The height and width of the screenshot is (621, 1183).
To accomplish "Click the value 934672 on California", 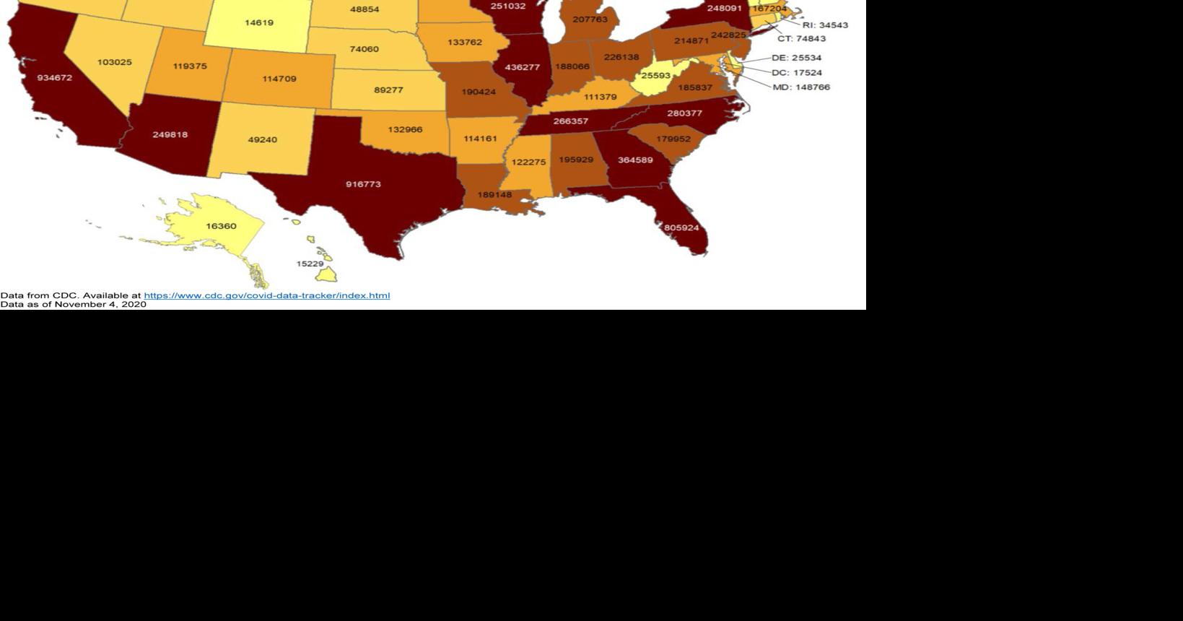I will pyautogui.click(x=55, y=78).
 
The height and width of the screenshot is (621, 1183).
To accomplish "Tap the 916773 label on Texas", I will pyautogui.click(x=363, y=185).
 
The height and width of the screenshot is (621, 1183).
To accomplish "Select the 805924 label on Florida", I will pyautogui.click(x=681, y=228).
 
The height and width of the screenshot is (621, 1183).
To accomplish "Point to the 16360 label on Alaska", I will pyautogui.click(x=221, y=227).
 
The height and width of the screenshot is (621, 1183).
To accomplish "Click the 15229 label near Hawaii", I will pyautogui.click(x=310, y=264).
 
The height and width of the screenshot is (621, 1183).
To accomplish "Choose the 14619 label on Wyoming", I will pyautogui.click(x=259, y=23).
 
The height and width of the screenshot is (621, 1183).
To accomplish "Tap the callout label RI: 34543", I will pyautogui.click(x=825, y=25).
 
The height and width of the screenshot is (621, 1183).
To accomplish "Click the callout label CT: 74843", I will pyautogui.click(x=801, y=39).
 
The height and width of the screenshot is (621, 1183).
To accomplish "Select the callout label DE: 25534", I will pyautogui.click(x=796, y=58).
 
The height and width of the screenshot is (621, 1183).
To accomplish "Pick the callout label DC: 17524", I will pyautogui.click(x=796, y=73).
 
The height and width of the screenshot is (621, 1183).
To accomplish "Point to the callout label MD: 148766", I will pyautogui.click(x=801, y=87).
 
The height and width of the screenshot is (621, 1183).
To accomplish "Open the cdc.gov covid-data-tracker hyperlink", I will pyautogui.click(x=266, y=295).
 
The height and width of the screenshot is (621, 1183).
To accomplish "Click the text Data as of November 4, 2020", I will pyautogui.click(x=73, y=305).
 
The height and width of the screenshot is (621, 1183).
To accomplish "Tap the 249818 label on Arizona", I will pyautogui.click(x=170, y=135).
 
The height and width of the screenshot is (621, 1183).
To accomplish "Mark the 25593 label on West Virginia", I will pyautogui.click(x=656, y=76).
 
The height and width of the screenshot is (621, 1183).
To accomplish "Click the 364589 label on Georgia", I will pyautogui.click(x=635, y=160).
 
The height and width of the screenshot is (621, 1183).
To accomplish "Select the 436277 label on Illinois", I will pyautogui.click(x=523, y=68).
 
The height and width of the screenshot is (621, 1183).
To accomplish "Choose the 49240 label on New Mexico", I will pyautogui.click(x=262, y=140).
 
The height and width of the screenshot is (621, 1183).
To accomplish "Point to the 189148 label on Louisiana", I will pyautogui.click(x=494, y=195).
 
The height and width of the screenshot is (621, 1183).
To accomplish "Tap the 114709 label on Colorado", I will pyautogui.click(x=279, y=79).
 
